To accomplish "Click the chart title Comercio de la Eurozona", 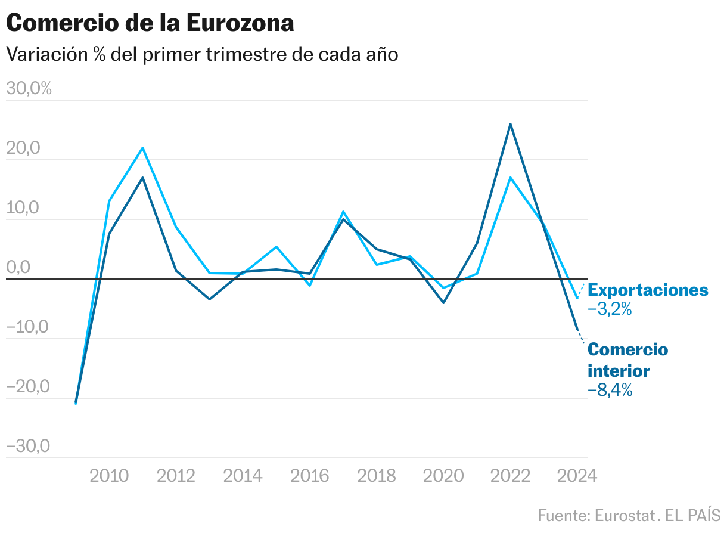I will click(150, 23).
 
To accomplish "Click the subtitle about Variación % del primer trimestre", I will click(202, 54).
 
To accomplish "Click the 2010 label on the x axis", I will click(109, 475).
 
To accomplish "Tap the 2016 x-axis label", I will click(310, 475).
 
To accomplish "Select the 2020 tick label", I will click(443, 475).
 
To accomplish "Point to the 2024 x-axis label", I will click(576, 475).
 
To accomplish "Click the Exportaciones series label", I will click(648, 290).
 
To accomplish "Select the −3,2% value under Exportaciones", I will click(610, 310).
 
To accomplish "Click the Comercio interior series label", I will click(628, 360).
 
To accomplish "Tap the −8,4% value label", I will click(610, 391).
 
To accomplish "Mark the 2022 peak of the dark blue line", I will click(511, 124).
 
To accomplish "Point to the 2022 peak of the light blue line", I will click(511, 178).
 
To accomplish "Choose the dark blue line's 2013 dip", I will click(210, 299).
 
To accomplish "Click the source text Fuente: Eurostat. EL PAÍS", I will click(629, 515).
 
